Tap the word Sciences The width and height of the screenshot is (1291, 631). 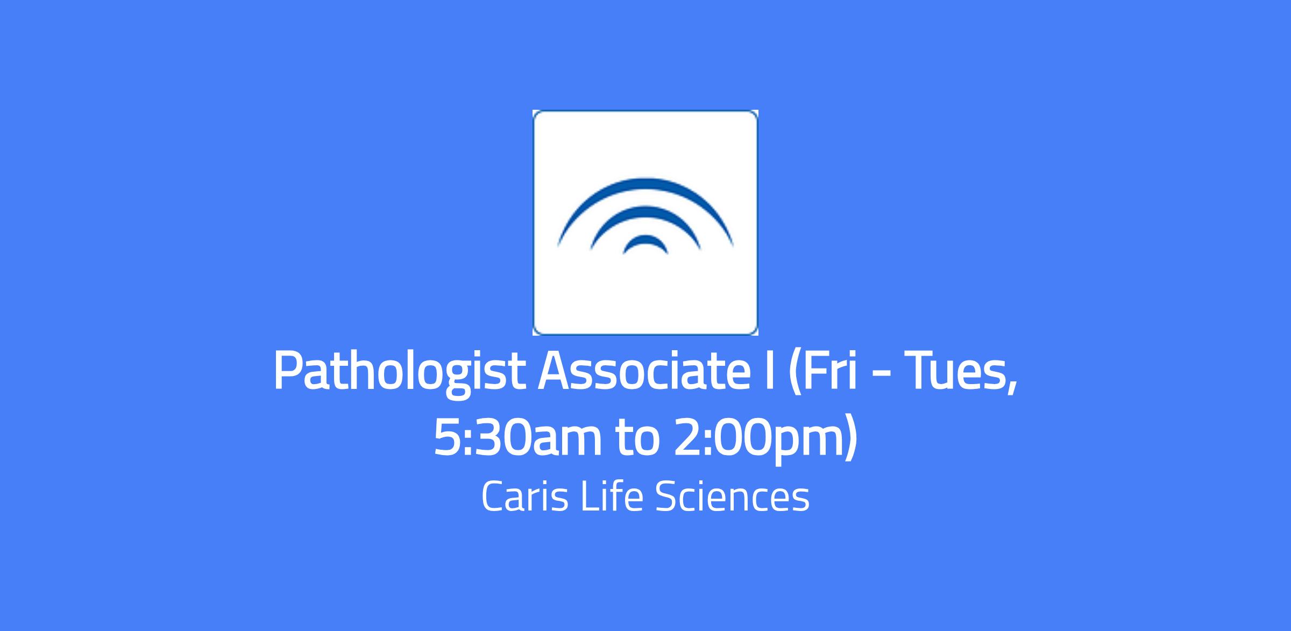[x=733, y=497]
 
